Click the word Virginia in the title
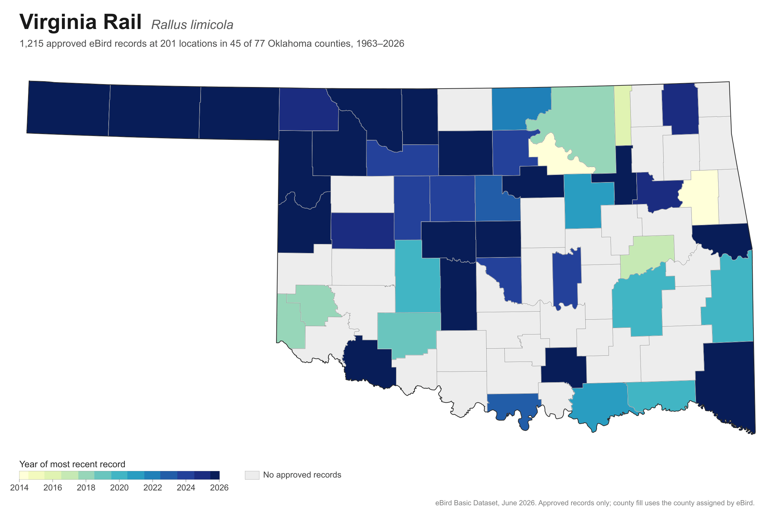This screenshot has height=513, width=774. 58,23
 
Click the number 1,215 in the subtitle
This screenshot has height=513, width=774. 31,44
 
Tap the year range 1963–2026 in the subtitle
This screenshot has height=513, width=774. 380,44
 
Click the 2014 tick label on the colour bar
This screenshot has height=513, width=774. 19,488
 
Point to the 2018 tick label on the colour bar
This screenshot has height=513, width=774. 86,488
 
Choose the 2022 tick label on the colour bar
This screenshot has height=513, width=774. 153,488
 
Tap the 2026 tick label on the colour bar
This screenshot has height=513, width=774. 219,488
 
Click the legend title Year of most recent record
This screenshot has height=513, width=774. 72,464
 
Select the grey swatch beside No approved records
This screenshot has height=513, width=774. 252,475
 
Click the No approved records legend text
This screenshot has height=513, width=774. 302,475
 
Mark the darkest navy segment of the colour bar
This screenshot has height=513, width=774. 215,475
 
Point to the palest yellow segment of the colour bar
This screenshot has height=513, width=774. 24,475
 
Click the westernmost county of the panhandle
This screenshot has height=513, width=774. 68,109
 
